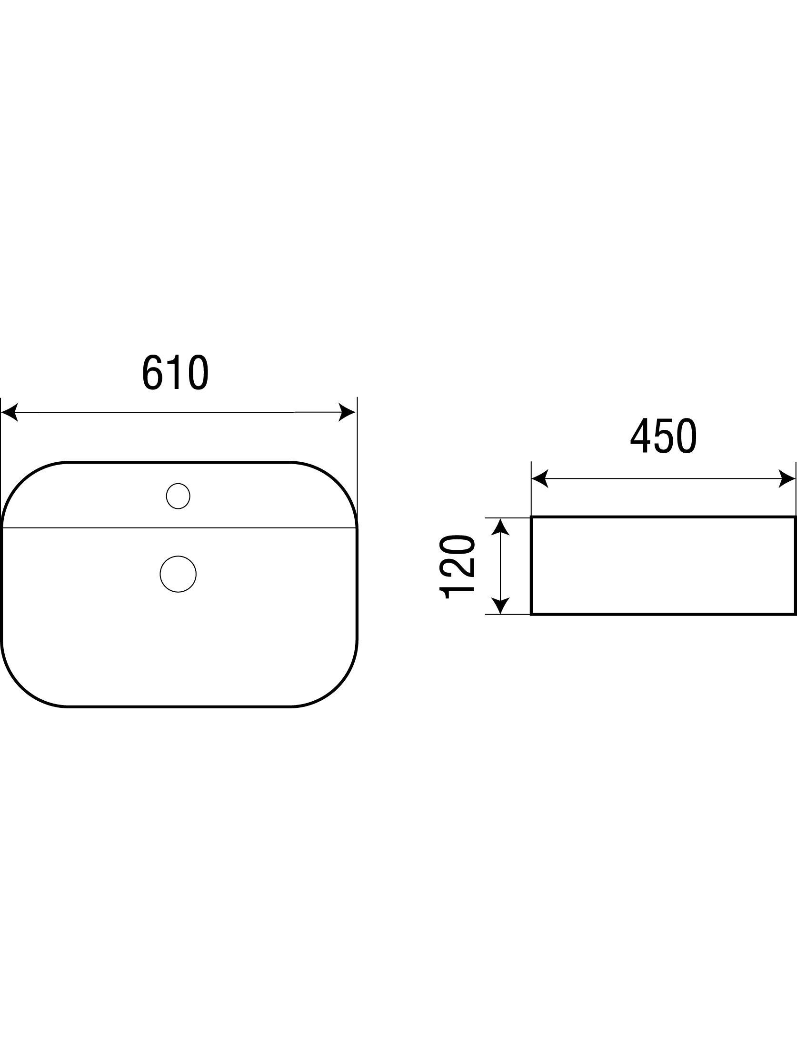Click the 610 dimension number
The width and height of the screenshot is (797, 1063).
tap(176, 373)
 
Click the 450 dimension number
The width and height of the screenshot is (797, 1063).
tap(663, 437)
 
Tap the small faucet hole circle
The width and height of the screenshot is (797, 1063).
tap(179, 496)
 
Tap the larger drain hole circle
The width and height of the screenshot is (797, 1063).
tap(178, 574)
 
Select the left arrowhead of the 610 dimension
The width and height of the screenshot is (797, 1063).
tap(10, 412)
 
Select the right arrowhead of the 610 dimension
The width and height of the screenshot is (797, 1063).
tap(348, 412)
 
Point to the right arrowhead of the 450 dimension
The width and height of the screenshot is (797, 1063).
tap(787, 479)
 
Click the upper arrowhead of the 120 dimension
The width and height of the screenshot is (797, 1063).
tap(501, 527)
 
